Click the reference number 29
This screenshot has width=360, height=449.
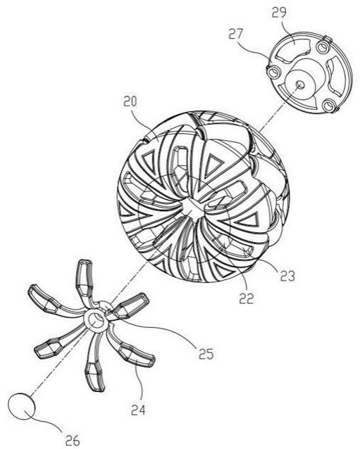(x=279, y=12)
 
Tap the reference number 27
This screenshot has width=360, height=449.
(x=235, y=34)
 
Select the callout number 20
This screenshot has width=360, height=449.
(x=130, y=101)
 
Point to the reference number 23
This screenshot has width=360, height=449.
(x=287, y=276)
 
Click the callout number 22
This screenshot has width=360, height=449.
(x=247, y=298)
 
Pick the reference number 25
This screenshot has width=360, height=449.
(x=206, y=354)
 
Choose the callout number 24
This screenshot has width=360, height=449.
(x=139, y=410)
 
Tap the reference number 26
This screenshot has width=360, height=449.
(x=73, y=441)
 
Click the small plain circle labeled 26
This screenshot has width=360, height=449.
(x=22, y=407)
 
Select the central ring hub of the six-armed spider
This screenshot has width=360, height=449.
(x=96, y=320)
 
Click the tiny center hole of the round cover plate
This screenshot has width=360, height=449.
(x=300, y=84)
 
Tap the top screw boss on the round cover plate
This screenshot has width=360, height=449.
(x=323, y=47)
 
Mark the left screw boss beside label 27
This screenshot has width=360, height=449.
(x=273, y=72)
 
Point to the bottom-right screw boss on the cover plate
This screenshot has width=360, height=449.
(x=328, y=106)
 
